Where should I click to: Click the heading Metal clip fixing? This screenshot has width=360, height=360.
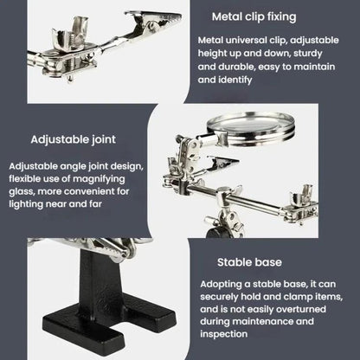pyautogui.click(x=254, y=16)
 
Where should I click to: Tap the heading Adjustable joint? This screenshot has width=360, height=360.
pyautogui.click(x=74, y=139)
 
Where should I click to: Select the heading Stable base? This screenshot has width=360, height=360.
pyautogui.click(x=249, y=262)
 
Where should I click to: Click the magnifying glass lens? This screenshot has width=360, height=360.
pyautogui.click(x=250, y=125)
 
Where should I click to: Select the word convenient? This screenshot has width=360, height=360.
pyautogui.click(x=96, y=191)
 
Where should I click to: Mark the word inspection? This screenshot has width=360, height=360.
pyautogui.click(x=224, y=334)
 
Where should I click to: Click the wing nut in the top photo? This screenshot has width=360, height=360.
pyautogui.click(x=71, y=32)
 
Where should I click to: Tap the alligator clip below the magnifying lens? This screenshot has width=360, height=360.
pyautogui.click(x=222, y=164)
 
